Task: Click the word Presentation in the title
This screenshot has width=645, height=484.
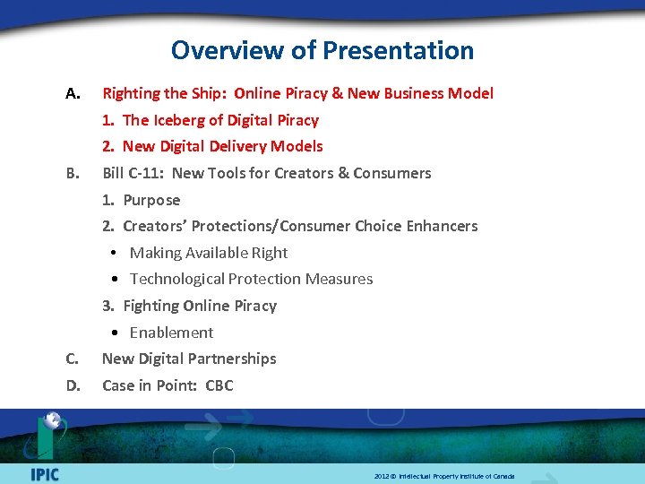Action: coord(399,50)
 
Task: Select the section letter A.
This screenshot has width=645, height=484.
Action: coord(73,93)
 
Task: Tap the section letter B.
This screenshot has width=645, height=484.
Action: coord(73,173)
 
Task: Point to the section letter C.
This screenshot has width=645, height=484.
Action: coord(73,359)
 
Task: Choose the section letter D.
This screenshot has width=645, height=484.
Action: coord(73,385)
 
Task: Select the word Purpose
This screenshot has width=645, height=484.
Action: coord(151,200)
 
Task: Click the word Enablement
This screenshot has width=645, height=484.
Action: coord(171,333)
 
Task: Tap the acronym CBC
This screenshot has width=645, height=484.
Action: coord(219,385)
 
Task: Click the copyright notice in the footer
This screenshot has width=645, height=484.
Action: coord(444,476)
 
